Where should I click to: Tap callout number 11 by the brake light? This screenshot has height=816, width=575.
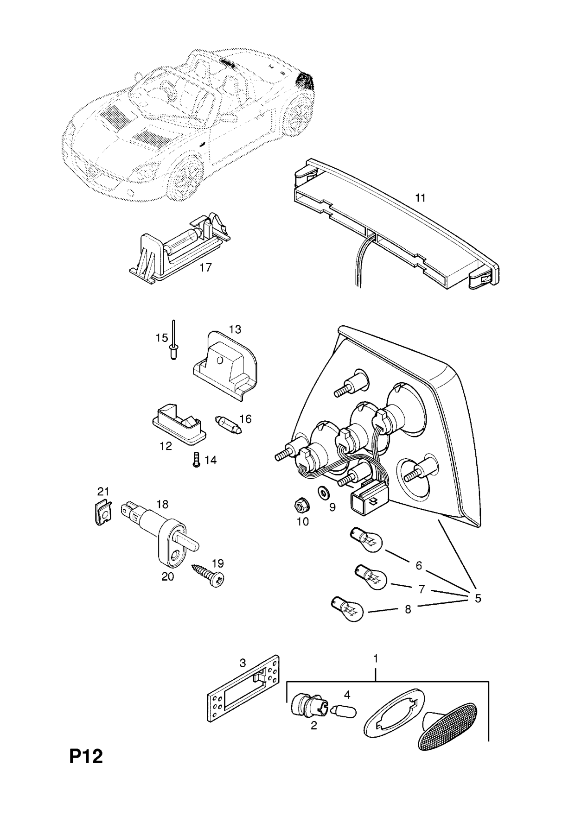point(420,198)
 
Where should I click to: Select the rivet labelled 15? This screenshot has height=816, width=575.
point(173,345)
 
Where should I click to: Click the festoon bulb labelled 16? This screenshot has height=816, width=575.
point(229,424)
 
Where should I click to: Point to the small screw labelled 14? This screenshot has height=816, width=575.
point(196,460)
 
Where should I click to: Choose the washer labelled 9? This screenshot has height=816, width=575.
point(321,491)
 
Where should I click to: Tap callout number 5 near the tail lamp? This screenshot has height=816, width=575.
point(478,598)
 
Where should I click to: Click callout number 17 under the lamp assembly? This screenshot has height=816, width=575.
point(205,267)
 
